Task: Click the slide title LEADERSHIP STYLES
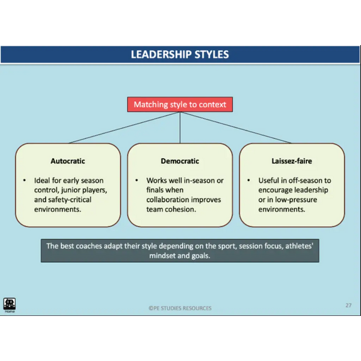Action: [x=180, y=55]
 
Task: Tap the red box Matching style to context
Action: [x=180, y=105]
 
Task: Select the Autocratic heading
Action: [x=67, y=161]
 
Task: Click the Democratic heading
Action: [x=180, y=161]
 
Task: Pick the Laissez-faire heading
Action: [x=292, y=161]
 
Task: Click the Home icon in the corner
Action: [x=10, y=305]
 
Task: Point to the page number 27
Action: [x=348, y=305]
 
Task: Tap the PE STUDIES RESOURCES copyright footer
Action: [x=180, y=308]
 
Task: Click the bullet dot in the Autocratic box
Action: [x=25, y=180]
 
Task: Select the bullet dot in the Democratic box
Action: [x=137, y=180]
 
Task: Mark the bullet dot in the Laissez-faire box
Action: [x=248, y=180]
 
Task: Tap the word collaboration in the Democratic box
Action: [x=169, y=200]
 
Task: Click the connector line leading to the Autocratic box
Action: [x=125, y=128]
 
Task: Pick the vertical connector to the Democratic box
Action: [x=180, y=128]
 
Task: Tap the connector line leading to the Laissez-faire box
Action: [x=235, y=128]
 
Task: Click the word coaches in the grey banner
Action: [x=89, y=246]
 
